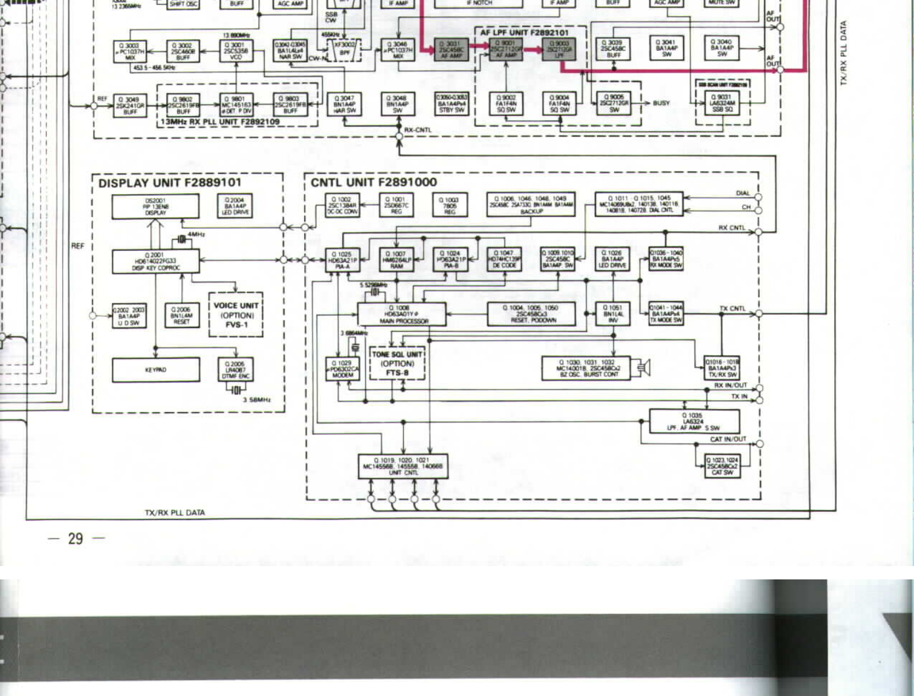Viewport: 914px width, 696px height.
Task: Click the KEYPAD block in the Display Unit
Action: click(x=155, y=370)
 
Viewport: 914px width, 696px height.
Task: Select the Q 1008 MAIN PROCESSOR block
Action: click(x=402, y=314)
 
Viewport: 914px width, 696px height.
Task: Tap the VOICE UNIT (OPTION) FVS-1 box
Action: click(x=236, y=315)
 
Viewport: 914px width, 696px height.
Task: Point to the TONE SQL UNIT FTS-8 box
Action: click(x=397, y=364)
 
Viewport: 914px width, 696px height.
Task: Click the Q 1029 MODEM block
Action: click(x=343, y=369)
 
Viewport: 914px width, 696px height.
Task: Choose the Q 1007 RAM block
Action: click(x=396, y=260)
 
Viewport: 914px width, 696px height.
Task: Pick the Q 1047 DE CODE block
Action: click(x=504, y=260)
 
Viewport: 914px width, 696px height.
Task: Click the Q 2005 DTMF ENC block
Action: click(x=235, y=370)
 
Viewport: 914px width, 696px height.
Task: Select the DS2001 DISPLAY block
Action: click(x=155, y=207)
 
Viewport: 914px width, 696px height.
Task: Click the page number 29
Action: click(x=76, y=538)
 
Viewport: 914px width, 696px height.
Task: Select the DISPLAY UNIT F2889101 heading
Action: click(x=170, y=182)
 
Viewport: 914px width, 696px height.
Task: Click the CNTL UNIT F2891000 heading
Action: click(x=374, y=182)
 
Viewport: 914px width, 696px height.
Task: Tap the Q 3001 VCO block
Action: click(x=235, y=51)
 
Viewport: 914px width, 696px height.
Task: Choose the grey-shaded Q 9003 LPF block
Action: click(x=559, y=50)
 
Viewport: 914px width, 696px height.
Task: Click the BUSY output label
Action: click(x=661, y=103)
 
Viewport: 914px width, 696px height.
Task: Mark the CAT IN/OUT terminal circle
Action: click(x=759, y=443)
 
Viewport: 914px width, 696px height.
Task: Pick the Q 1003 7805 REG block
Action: click(x=450, y=205)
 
